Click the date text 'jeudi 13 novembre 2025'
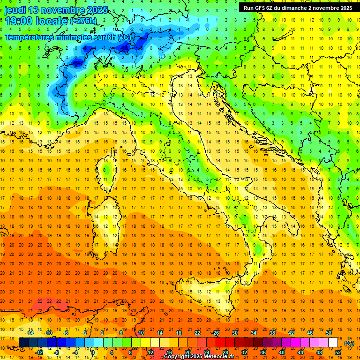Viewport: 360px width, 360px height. coord(56,10)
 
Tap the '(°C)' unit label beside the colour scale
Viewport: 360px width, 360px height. coord(349,343)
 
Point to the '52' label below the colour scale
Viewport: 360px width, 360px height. coord(338,352)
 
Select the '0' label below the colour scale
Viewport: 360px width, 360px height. coord(93,352)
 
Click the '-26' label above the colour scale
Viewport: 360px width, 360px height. coord(215,333)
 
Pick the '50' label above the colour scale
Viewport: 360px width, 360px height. coord(329,333)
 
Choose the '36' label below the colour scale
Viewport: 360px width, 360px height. coord(263,352)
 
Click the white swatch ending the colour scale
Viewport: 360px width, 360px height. coord(333,342)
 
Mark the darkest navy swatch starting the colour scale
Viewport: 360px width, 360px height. coord(23,342)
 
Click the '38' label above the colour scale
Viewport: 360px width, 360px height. coord(272,333)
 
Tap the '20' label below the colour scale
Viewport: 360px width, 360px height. coord(187,352)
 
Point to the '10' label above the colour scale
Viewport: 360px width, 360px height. coord(141,333)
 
